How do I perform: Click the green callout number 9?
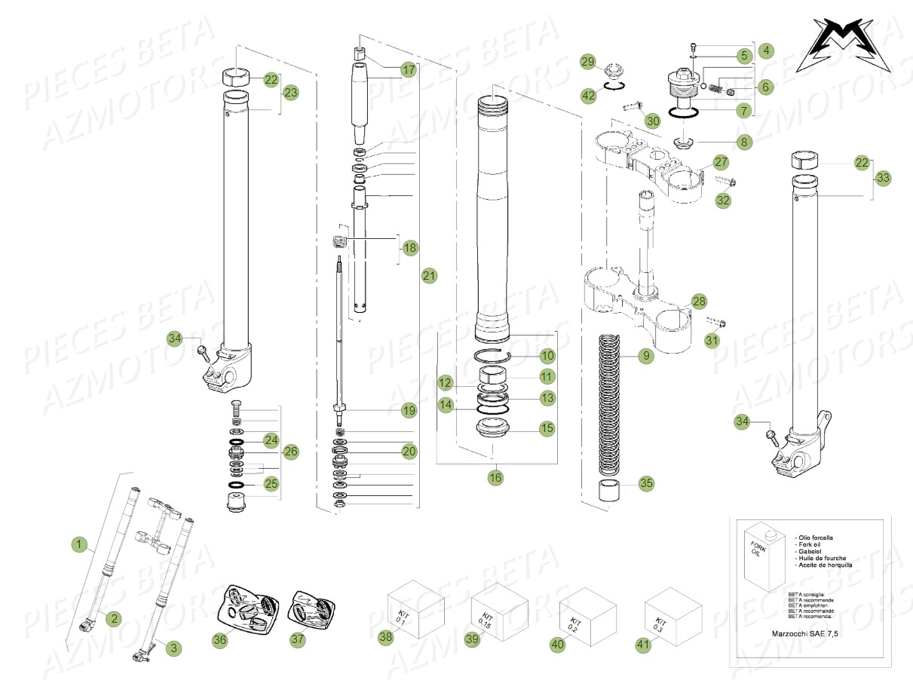click(645, 356)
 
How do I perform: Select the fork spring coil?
click(612, 407)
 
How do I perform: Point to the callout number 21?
click(429, 277)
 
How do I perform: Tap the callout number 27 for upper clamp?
click(721, 162)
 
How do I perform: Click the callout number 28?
click(699, 302)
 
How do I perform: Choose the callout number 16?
click(495, 477)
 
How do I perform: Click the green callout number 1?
click(79, 544)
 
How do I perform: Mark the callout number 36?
click(219, 639)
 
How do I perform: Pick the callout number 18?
click(409, 247)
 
